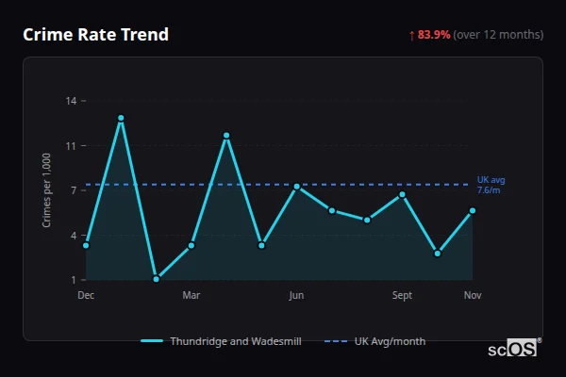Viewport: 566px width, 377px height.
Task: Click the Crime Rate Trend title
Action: pos(95,35)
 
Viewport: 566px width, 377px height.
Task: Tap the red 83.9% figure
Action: pos(434,35)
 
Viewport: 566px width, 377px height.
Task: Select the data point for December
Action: pos(86,245)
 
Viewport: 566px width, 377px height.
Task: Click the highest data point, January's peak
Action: pos(121,118)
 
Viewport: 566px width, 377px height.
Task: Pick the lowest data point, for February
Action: pos(156,279)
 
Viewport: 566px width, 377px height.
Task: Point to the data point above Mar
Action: pos(191,245)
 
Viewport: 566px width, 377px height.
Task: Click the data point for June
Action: pos(296,187)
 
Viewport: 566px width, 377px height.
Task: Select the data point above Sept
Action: pos(402,194)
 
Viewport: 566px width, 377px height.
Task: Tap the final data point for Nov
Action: pos(473,210)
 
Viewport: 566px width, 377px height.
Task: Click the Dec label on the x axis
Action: pos(86,296)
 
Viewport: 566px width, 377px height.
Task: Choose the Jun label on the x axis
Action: pos(296,296)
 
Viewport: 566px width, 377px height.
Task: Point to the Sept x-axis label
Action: pos(402,296)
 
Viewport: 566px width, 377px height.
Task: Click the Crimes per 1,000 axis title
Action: pos(47,190)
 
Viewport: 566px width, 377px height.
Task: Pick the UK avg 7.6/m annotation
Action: pos(491,185)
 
